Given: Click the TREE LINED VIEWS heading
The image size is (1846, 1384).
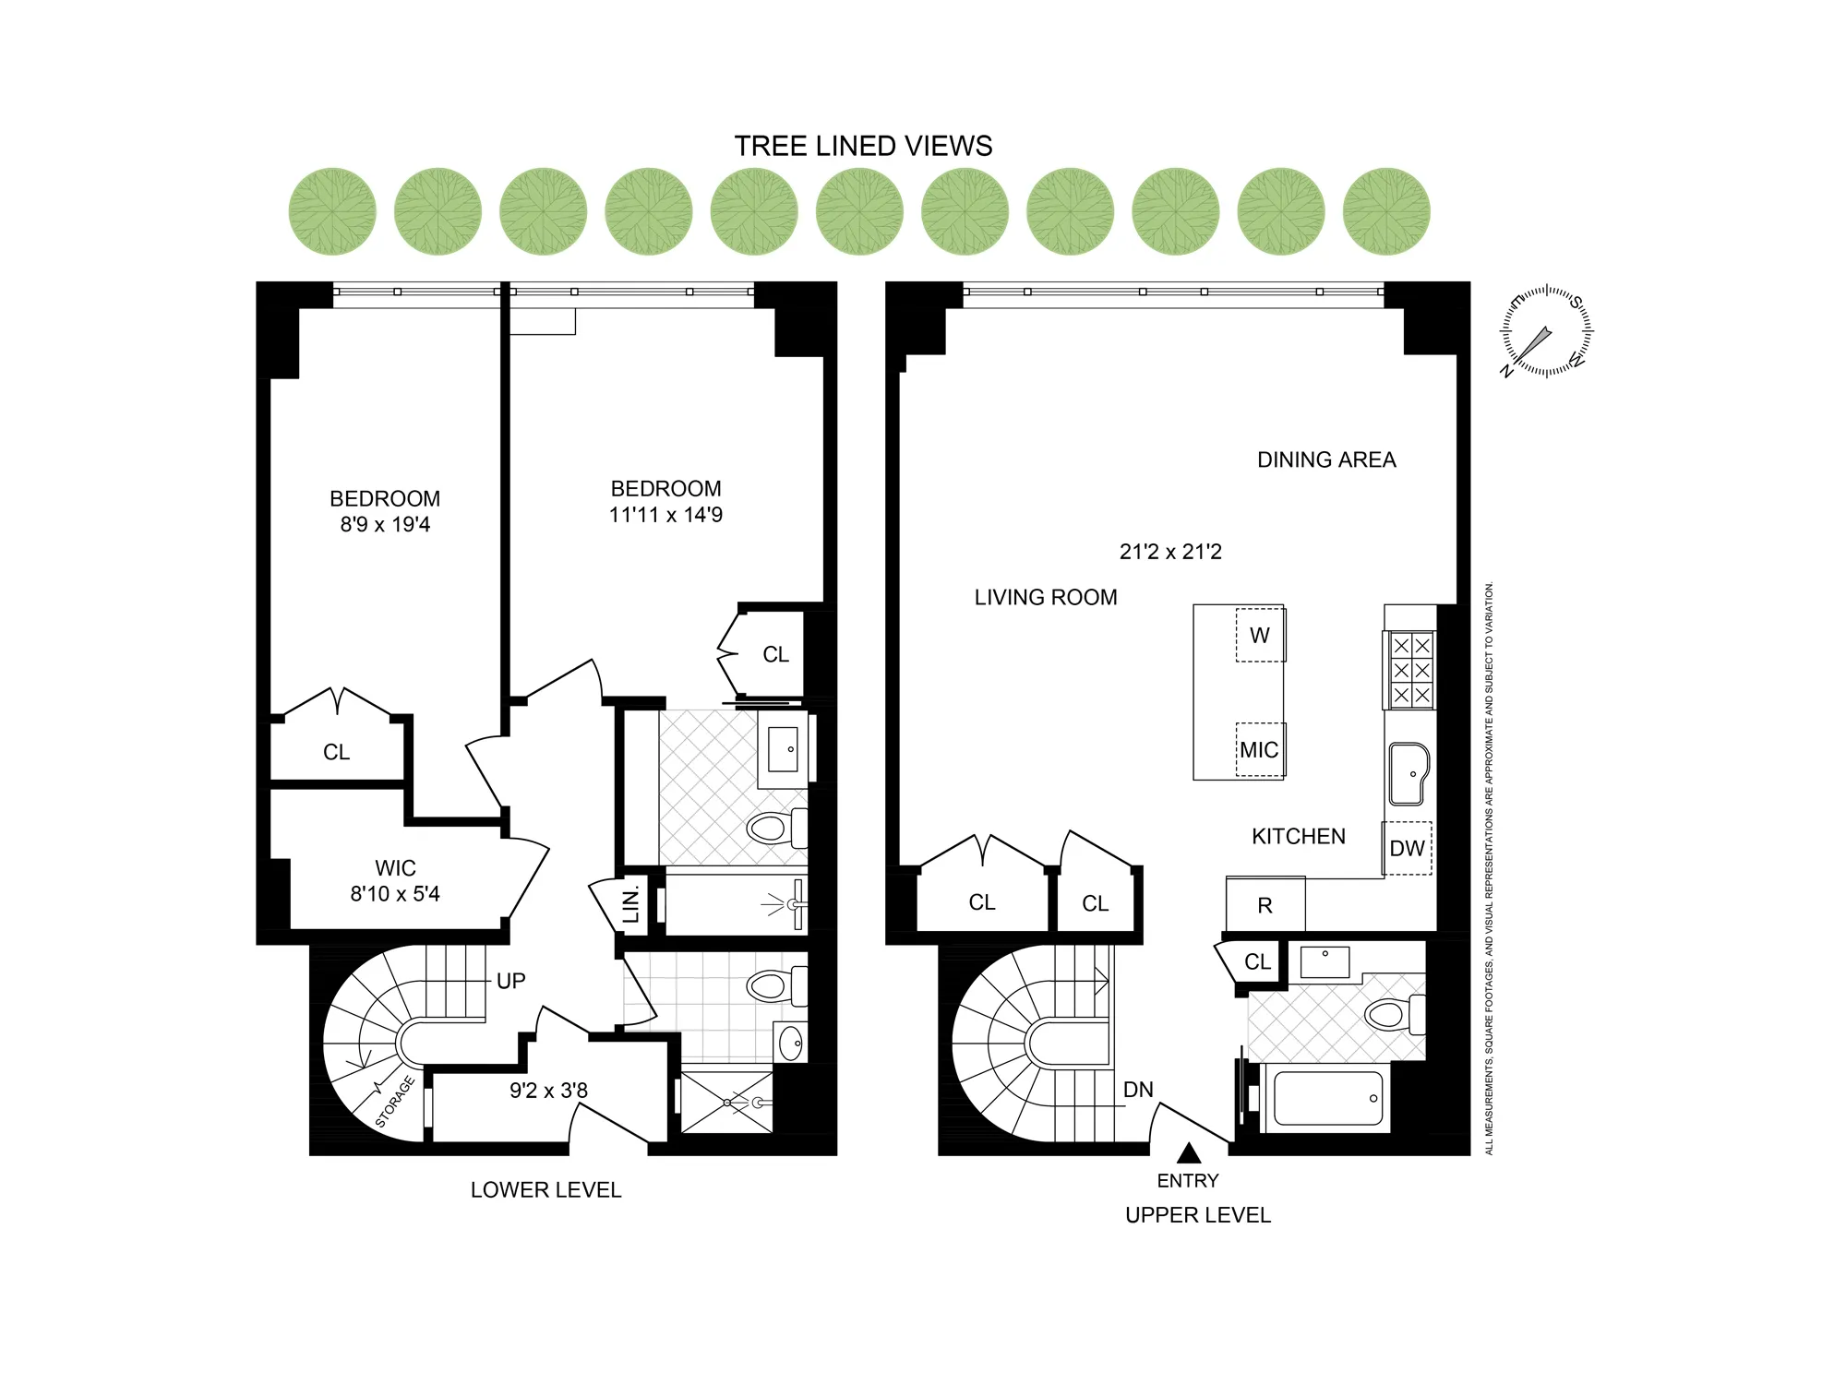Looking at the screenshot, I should (x=863, y=146).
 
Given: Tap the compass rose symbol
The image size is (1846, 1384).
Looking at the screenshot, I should (x=1546, y=331).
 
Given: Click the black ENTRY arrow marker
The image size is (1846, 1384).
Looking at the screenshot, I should (x=1189, y=1153).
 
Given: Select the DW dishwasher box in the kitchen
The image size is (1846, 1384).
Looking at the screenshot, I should (x=1407, y=848).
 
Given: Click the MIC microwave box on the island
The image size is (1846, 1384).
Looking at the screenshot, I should (x=1259, y=749).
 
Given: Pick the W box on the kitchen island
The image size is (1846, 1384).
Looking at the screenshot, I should (x=1260, y=635).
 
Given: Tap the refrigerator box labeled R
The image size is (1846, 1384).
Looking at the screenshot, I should (x=1265, y=905).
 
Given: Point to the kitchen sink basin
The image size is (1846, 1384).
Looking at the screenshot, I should (x=1408, y=773).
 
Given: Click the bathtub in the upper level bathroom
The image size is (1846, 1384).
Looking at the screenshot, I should (x=1327, y=1098).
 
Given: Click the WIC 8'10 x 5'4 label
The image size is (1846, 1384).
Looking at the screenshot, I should (x=395, y=881).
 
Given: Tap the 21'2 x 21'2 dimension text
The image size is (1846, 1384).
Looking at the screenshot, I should (x=1170, y=552).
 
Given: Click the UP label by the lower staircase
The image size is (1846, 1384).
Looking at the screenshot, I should (x=510, y=981).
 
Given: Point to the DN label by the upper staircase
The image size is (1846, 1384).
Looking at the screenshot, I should (x=1138, y=1090).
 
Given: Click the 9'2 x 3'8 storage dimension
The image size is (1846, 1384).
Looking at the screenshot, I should (x=548, y=1091).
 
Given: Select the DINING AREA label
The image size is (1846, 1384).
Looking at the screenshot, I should (x=1326, y=459).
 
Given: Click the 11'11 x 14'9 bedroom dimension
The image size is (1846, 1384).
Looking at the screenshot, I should (x=665, y=515).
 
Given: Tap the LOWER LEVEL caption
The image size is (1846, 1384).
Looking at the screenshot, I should (x=545, y=1190).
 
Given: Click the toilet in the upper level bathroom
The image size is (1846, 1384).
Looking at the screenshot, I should (x=1388, y=1015).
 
